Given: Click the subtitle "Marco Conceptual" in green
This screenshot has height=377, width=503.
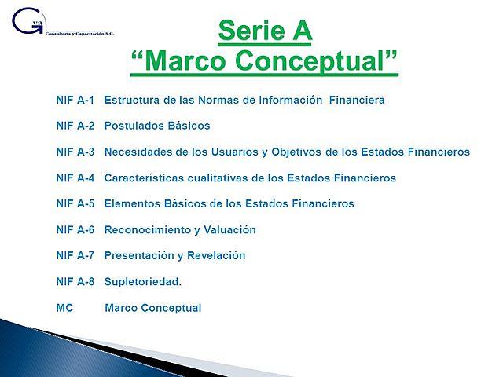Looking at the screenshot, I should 264,61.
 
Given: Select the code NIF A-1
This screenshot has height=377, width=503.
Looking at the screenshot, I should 75,101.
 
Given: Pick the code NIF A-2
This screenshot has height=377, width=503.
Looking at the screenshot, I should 75,126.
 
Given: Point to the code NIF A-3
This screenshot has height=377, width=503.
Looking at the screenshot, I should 75,152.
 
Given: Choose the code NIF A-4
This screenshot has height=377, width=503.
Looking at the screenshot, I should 75,178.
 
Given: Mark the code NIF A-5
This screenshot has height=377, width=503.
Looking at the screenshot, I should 75,204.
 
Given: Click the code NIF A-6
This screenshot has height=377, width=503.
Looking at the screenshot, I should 75,230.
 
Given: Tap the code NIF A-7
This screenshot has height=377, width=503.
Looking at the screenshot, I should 75,256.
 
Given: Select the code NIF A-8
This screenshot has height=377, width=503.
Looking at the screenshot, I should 75,282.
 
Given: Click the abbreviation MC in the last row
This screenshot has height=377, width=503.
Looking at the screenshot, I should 64,308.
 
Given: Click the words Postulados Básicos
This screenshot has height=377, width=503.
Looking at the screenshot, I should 157,126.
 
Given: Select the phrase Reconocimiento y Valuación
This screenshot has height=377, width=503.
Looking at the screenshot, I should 180,230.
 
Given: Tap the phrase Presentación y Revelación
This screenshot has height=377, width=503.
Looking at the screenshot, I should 174,256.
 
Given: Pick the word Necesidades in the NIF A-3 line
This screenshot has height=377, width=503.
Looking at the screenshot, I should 137,152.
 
